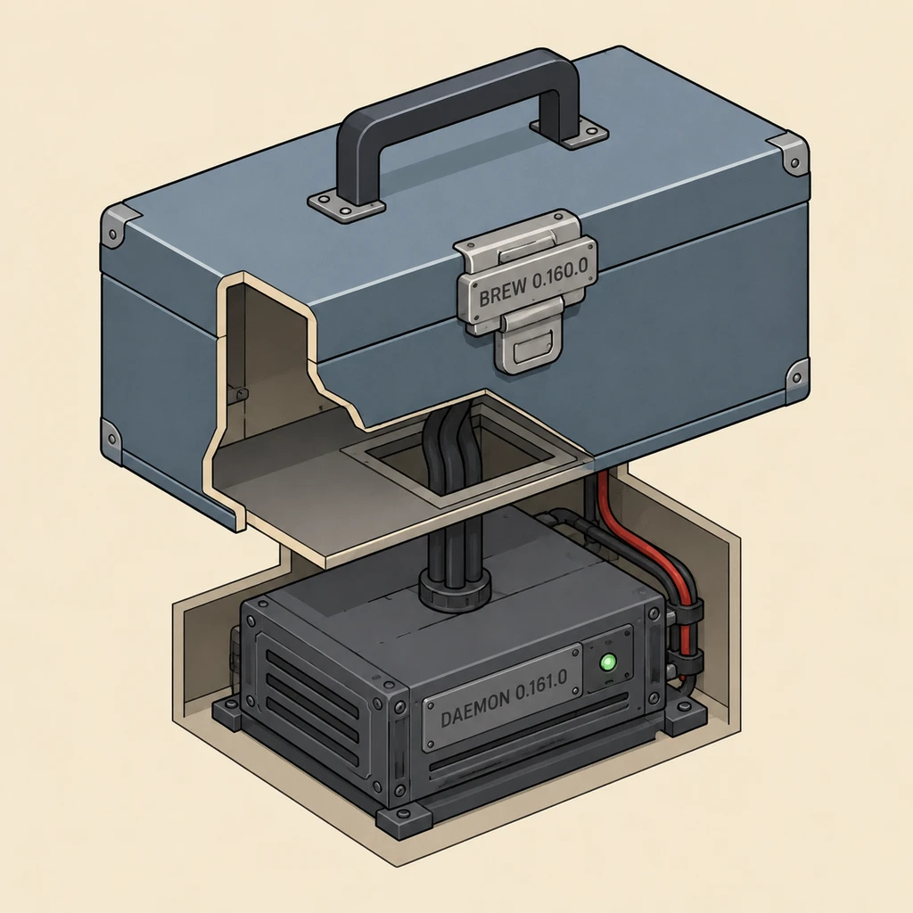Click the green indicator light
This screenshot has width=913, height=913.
click(608, 662)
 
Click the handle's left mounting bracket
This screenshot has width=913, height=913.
click(347, 203)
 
